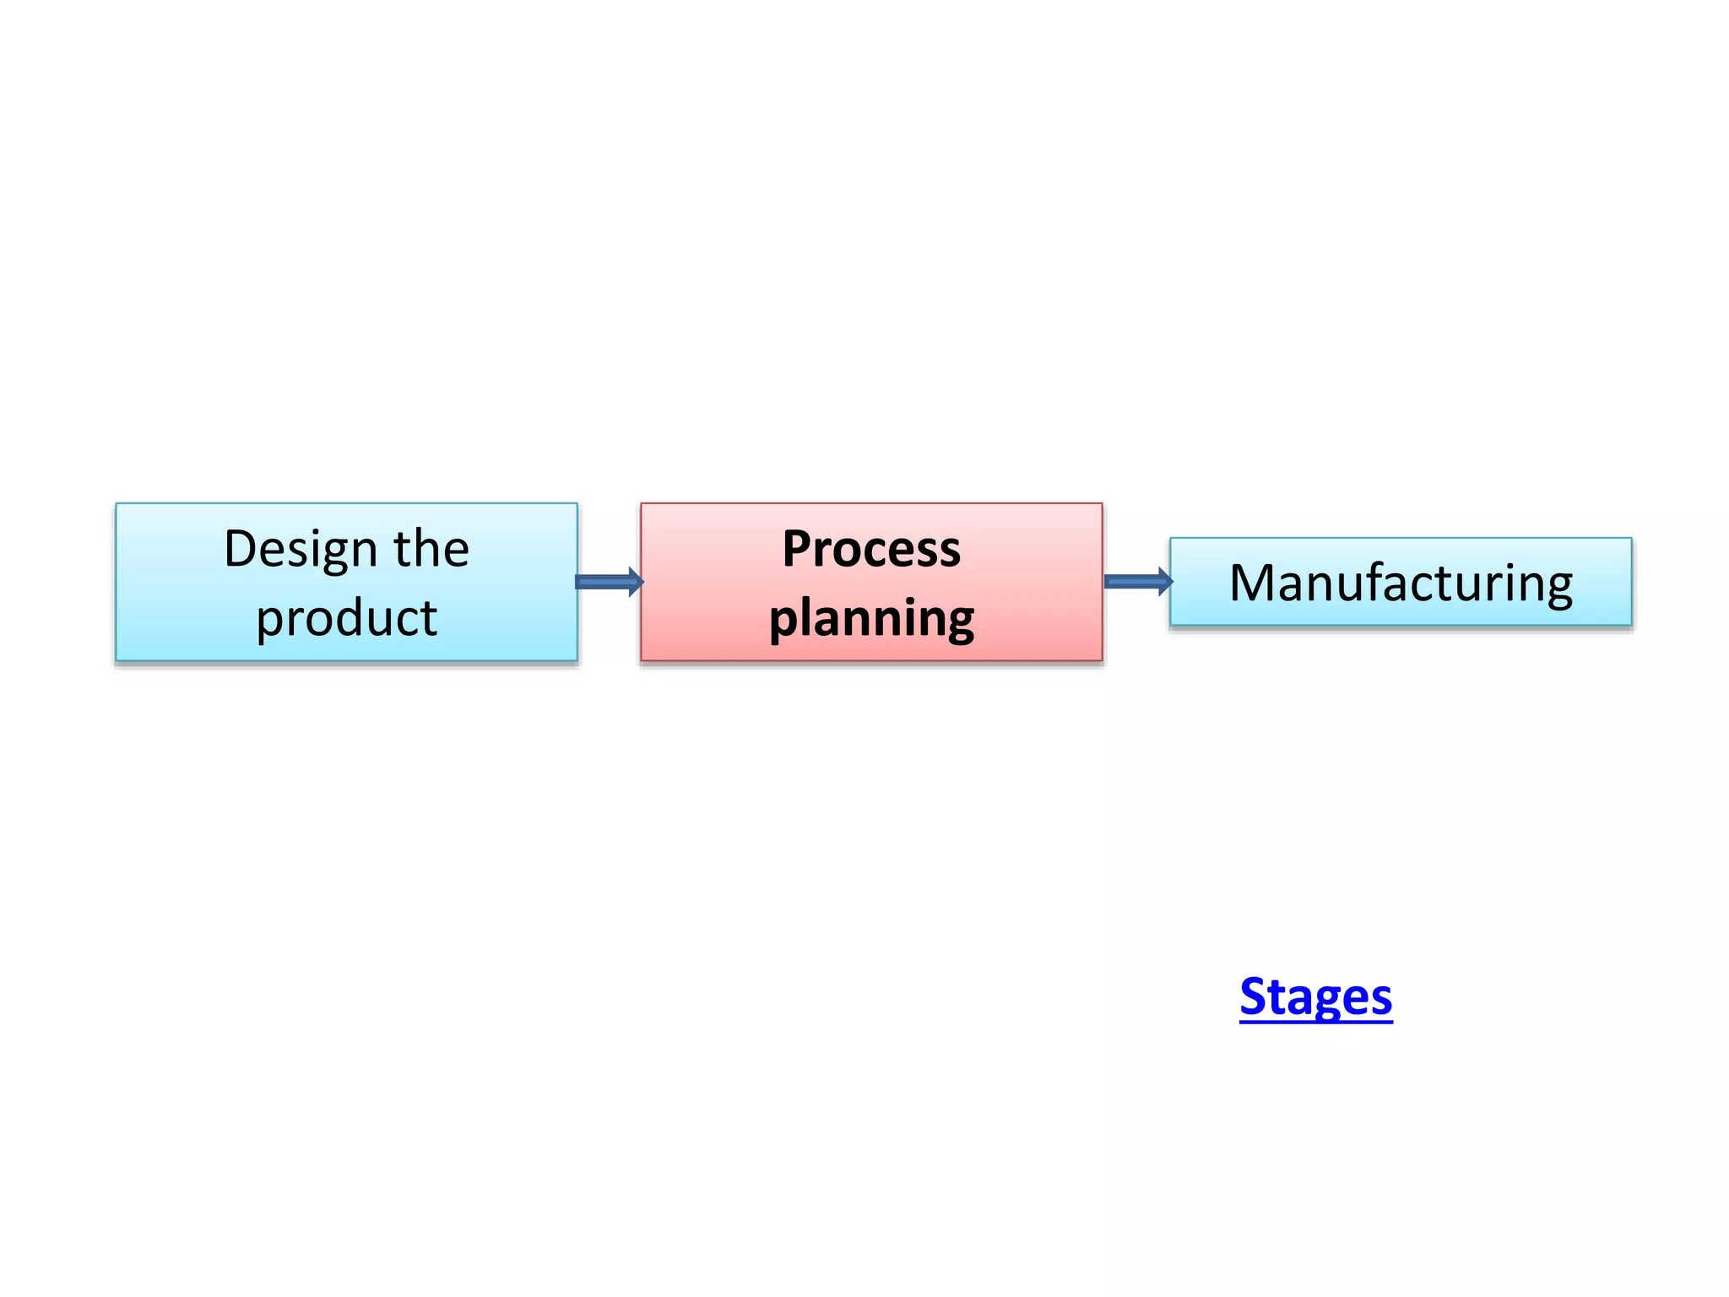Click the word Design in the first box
pos(300,550)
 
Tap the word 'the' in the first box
pos(431,550)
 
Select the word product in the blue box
pos(346,618)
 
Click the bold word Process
pos(871,550)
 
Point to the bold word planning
pos(871,619)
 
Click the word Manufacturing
pos(1401,583)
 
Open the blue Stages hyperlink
pos(1315,997)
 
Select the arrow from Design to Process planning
pos(609,582)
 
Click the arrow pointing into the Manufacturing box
pos(1137,581)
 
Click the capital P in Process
pos(799,549)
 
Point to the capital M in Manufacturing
pos(1255,583)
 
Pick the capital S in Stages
pos(1255,997)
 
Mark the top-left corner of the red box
pos(642,504)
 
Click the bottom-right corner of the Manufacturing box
pos(1631,625)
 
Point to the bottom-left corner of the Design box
pos(117,659)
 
